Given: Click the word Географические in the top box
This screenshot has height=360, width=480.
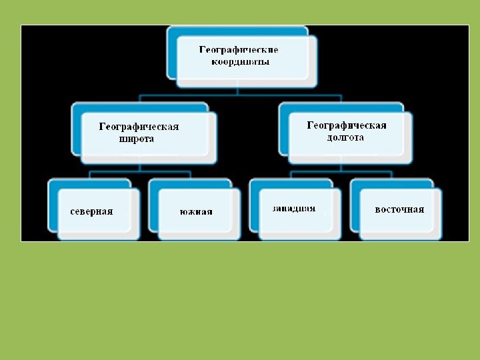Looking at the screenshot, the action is coord(239,50).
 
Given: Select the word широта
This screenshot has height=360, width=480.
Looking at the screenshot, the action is coord(136,139).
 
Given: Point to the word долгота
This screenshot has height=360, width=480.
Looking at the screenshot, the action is coord(345,137).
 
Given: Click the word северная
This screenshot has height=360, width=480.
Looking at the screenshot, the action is coord(92,211).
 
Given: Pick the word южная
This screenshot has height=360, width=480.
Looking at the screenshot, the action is coord(196,212).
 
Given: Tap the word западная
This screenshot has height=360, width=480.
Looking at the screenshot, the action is coord(293,209).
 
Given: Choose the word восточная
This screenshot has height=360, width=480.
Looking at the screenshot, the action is coord(399,209).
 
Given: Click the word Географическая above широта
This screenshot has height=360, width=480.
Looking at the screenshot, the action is coord(139,127).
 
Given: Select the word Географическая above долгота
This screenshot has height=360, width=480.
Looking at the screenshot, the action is coord(347,125).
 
